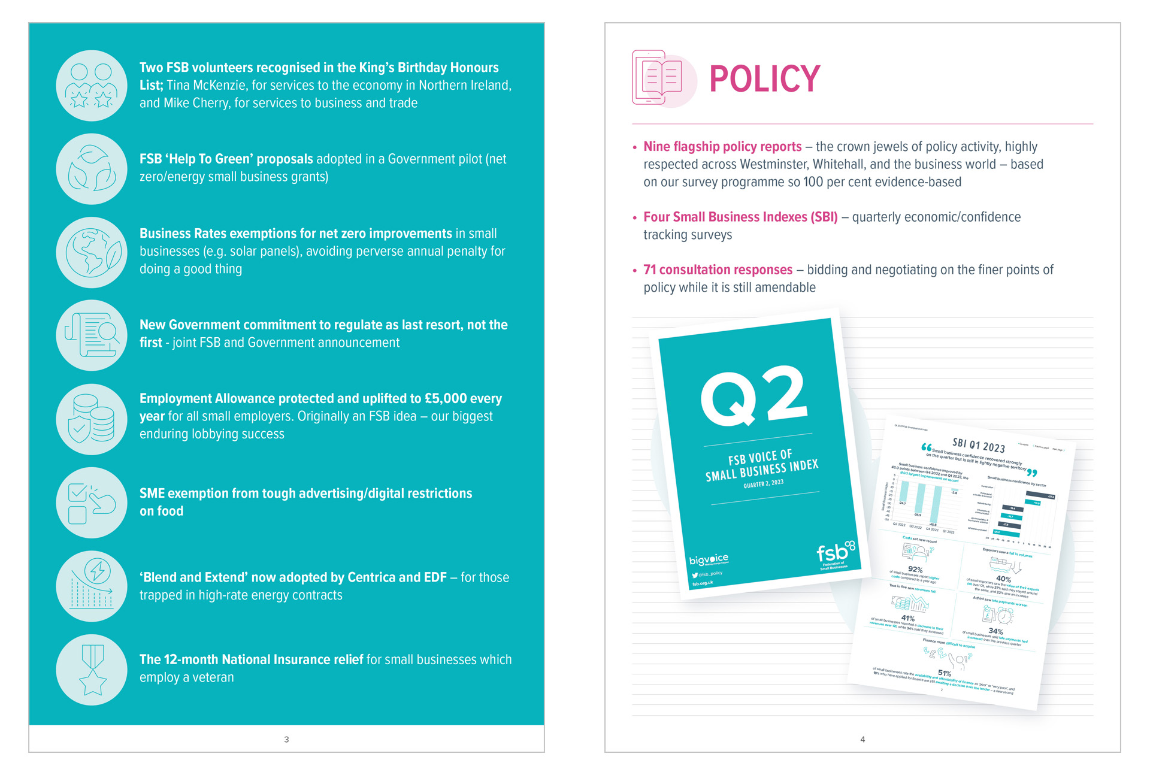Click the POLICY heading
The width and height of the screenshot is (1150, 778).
click(764, 79)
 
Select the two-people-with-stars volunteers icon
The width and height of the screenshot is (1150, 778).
click(92, 86)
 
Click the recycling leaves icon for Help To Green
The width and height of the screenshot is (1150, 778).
click(92, 169)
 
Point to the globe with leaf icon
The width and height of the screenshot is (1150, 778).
click(92, 252)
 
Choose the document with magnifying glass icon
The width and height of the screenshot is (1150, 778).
click(92, 335)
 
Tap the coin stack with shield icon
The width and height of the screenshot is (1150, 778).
click(92, 419)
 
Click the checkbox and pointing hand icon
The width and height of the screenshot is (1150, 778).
click(92, 502)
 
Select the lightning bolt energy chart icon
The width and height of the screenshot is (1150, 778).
click(92, 586)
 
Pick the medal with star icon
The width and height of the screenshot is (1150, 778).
click(92, 670)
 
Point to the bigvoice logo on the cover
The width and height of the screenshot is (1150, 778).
click(709, 560)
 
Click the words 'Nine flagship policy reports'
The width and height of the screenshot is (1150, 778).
click(722, 147)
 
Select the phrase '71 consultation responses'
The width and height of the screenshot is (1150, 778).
click(718, 270)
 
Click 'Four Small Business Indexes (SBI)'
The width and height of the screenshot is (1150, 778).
click(740, 217)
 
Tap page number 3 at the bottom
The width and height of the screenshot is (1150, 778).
click(286, 740)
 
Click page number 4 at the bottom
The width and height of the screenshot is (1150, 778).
click(862, 740)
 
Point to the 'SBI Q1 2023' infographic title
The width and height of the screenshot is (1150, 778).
click(979, 445)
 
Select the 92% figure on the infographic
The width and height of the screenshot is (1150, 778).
click(915, 569)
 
